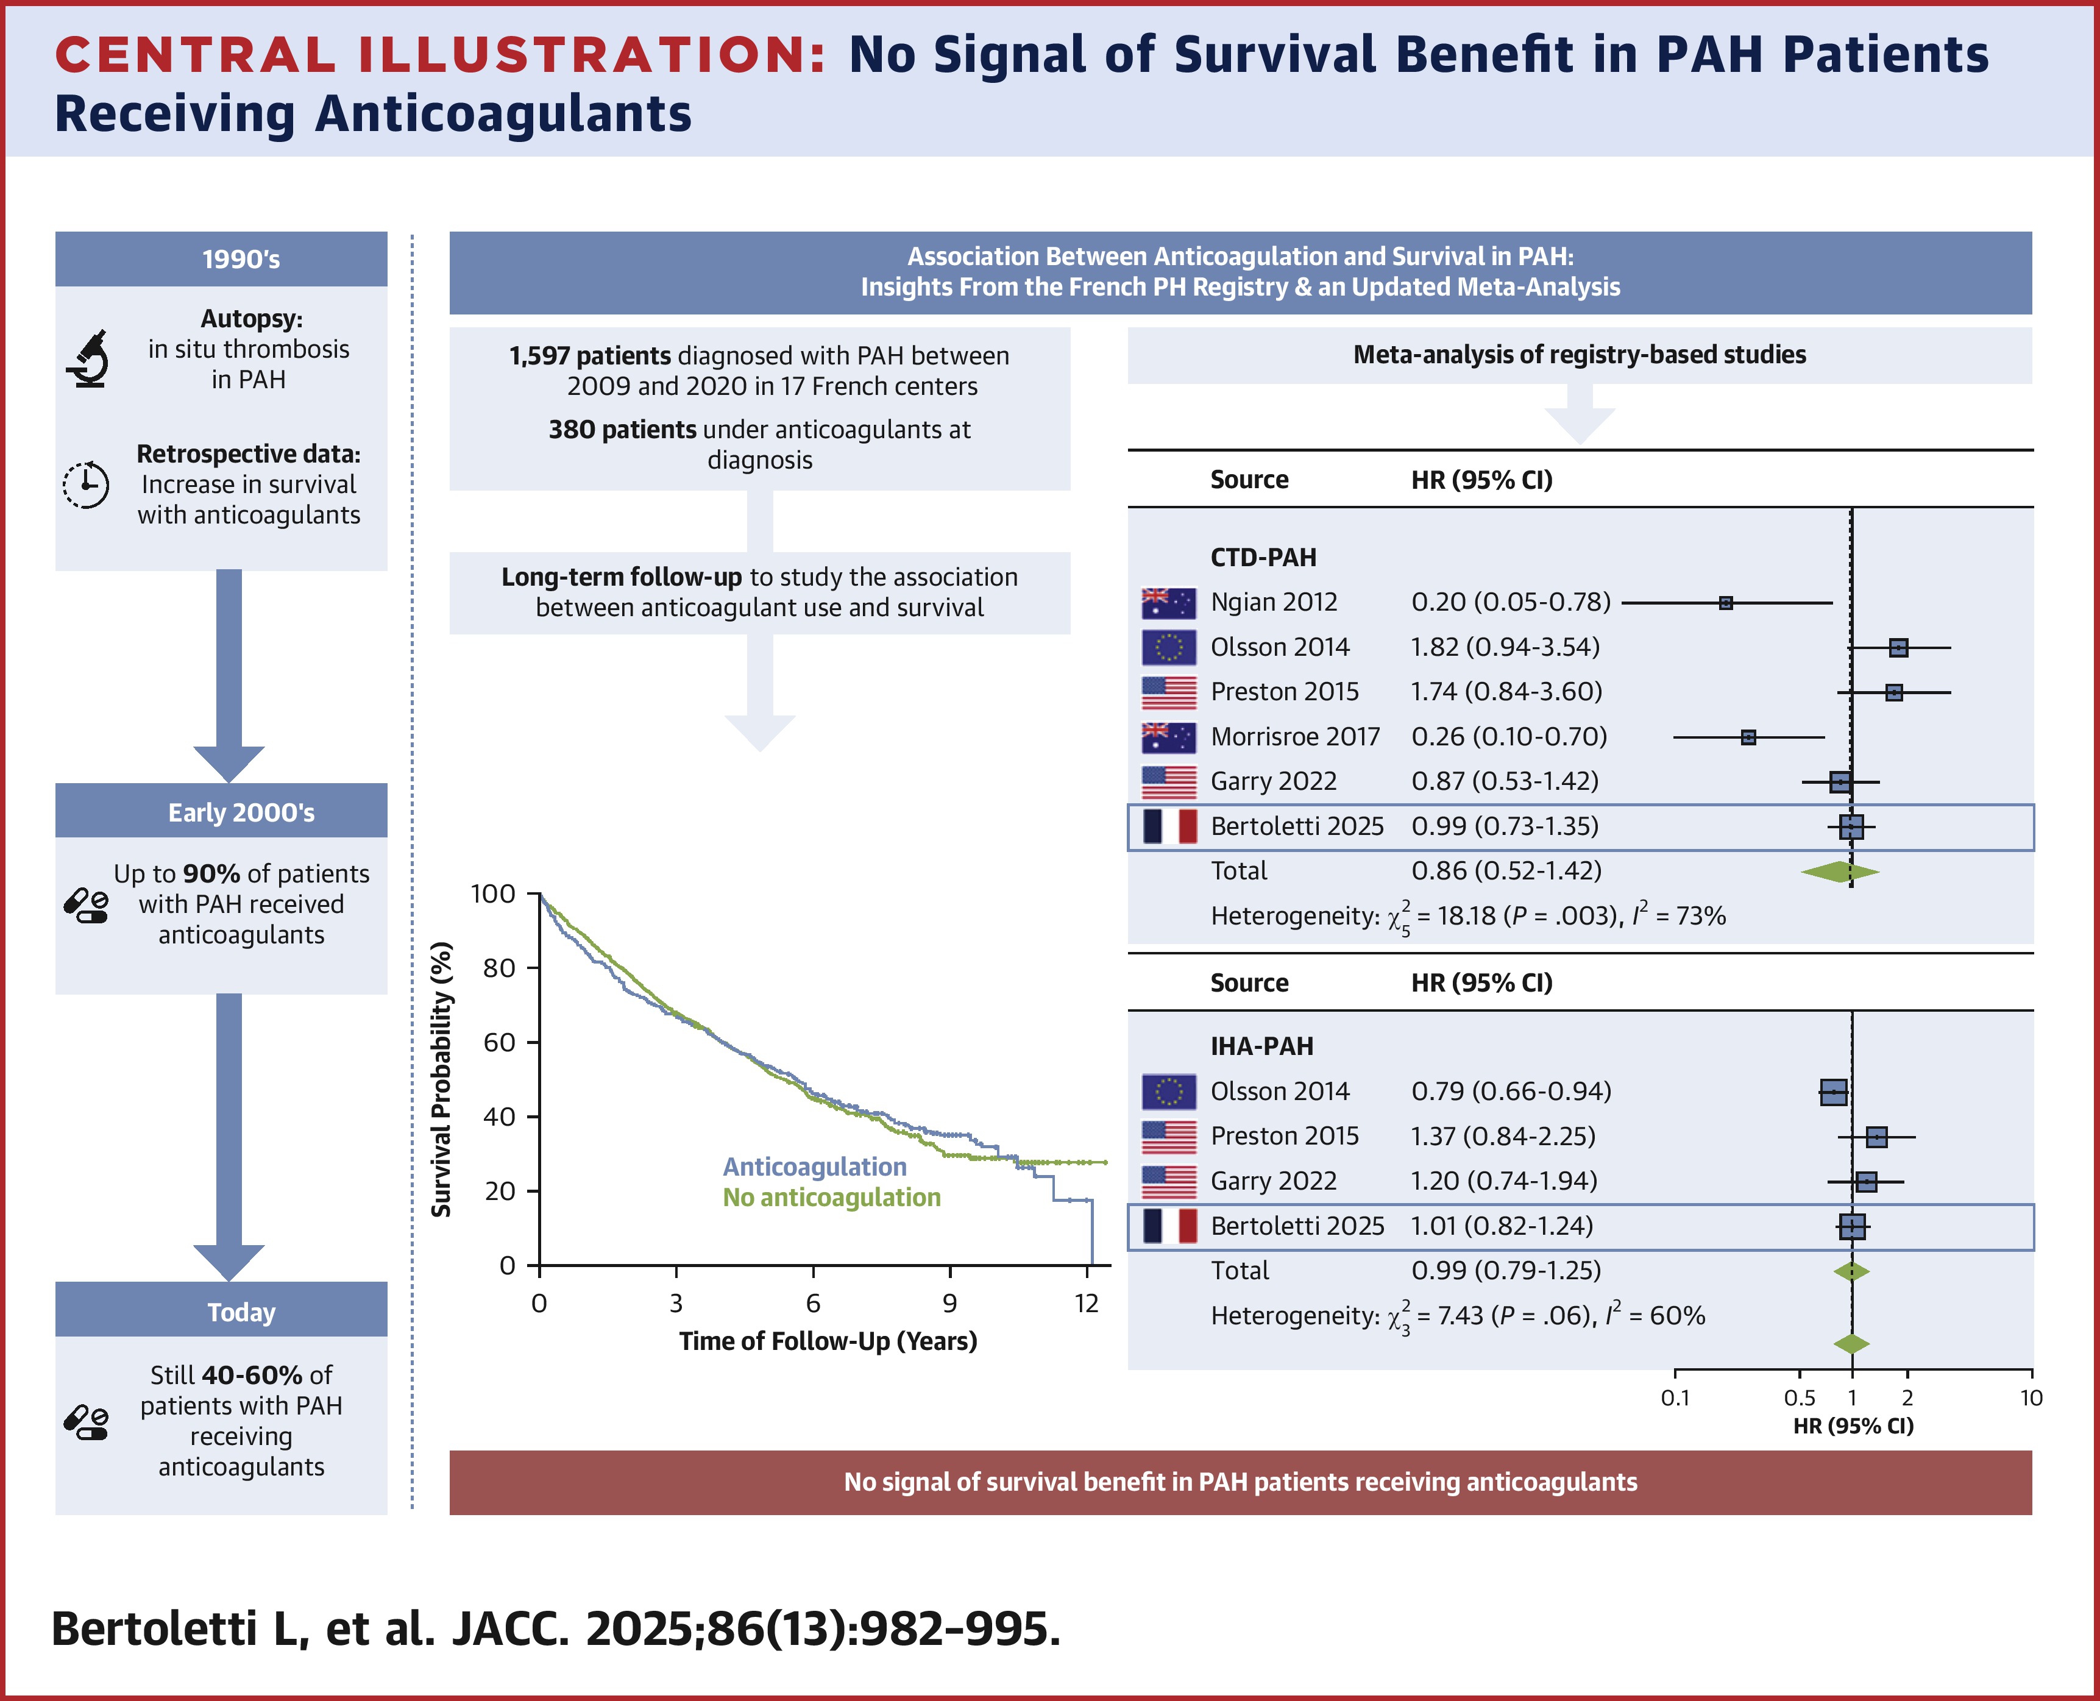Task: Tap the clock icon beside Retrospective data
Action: click(86, 484)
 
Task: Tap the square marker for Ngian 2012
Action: click(1726, 603)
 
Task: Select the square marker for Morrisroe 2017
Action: click(1748, 737)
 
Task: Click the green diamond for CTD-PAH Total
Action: click(1839, 871)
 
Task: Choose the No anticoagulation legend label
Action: click(831, 1198)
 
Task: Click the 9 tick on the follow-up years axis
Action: click(949, 1303)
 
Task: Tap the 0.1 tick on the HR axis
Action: click(1675, 1397)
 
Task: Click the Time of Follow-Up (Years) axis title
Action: click(828, 1340)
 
